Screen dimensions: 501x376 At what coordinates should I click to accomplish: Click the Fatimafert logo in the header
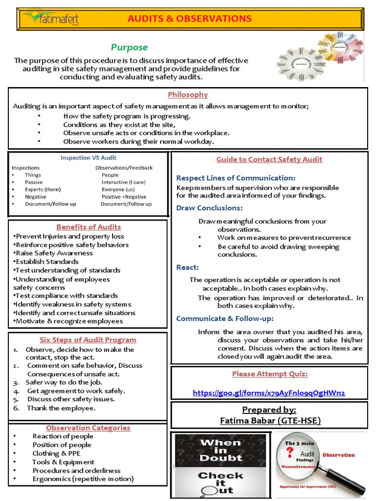pos(51,19)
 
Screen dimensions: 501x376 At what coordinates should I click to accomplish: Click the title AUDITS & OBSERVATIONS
pos(189,19)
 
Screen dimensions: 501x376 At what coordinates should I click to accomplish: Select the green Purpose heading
pos(129,47)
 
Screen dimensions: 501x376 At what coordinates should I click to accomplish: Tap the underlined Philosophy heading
pos(188,94)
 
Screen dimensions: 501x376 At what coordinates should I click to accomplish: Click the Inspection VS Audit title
pos(88,158)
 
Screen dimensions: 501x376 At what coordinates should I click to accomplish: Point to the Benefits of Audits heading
pos(89,227)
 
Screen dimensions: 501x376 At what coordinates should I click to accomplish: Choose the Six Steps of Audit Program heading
pos(88,340)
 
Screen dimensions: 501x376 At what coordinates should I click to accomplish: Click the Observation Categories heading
pos(88,428)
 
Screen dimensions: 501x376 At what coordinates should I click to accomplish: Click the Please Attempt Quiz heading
pos(269,374)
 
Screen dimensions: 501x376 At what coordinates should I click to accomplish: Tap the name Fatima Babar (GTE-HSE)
pos(269,420)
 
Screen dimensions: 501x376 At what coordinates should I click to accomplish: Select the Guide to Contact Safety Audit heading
pos(269,159)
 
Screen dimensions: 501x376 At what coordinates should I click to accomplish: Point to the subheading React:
pos(188,267)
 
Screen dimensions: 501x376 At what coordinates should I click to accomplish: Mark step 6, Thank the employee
pos(61,408)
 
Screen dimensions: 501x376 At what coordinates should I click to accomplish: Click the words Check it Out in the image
pos(220,482)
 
